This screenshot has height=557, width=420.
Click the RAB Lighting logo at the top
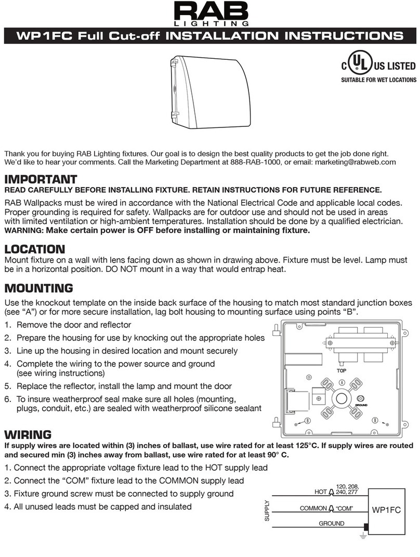point(211,14)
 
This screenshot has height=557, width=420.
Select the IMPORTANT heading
point(41,180)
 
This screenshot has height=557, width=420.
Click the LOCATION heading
point(35,249)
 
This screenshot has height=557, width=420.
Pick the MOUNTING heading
point(38,288)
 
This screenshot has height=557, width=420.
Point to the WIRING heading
point(28,434)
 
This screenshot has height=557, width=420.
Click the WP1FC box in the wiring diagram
point(385,511)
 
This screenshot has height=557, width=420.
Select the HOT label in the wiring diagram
point(321,491)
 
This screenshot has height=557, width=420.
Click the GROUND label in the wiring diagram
point(331,524)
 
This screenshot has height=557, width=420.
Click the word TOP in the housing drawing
point(341,371)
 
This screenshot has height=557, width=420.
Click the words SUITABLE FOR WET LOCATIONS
point(378,80)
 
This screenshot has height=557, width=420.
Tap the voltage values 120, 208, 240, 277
point(347,489)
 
